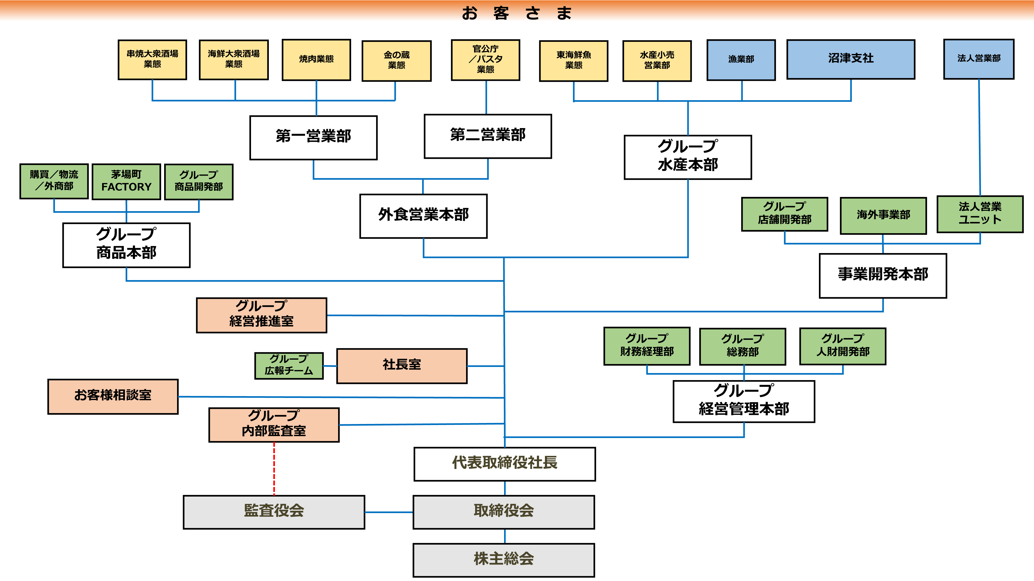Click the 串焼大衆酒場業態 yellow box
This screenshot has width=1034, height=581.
point(152,59)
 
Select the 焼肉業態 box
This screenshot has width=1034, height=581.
point(316,60)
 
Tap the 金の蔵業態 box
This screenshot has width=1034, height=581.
point(397,60)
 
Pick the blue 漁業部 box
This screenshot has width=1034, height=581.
point(741,60)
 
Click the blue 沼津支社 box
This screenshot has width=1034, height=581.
point(850,59)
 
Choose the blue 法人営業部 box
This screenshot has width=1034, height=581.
point(979,59)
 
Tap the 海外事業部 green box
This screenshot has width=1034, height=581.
point(883,215)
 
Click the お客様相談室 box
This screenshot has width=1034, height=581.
point(113,396)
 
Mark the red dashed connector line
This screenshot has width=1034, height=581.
point(274,468)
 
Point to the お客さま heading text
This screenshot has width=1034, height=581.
point(517,13)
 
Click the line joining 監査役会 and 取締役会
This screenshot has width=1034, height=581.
point(389,512)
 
